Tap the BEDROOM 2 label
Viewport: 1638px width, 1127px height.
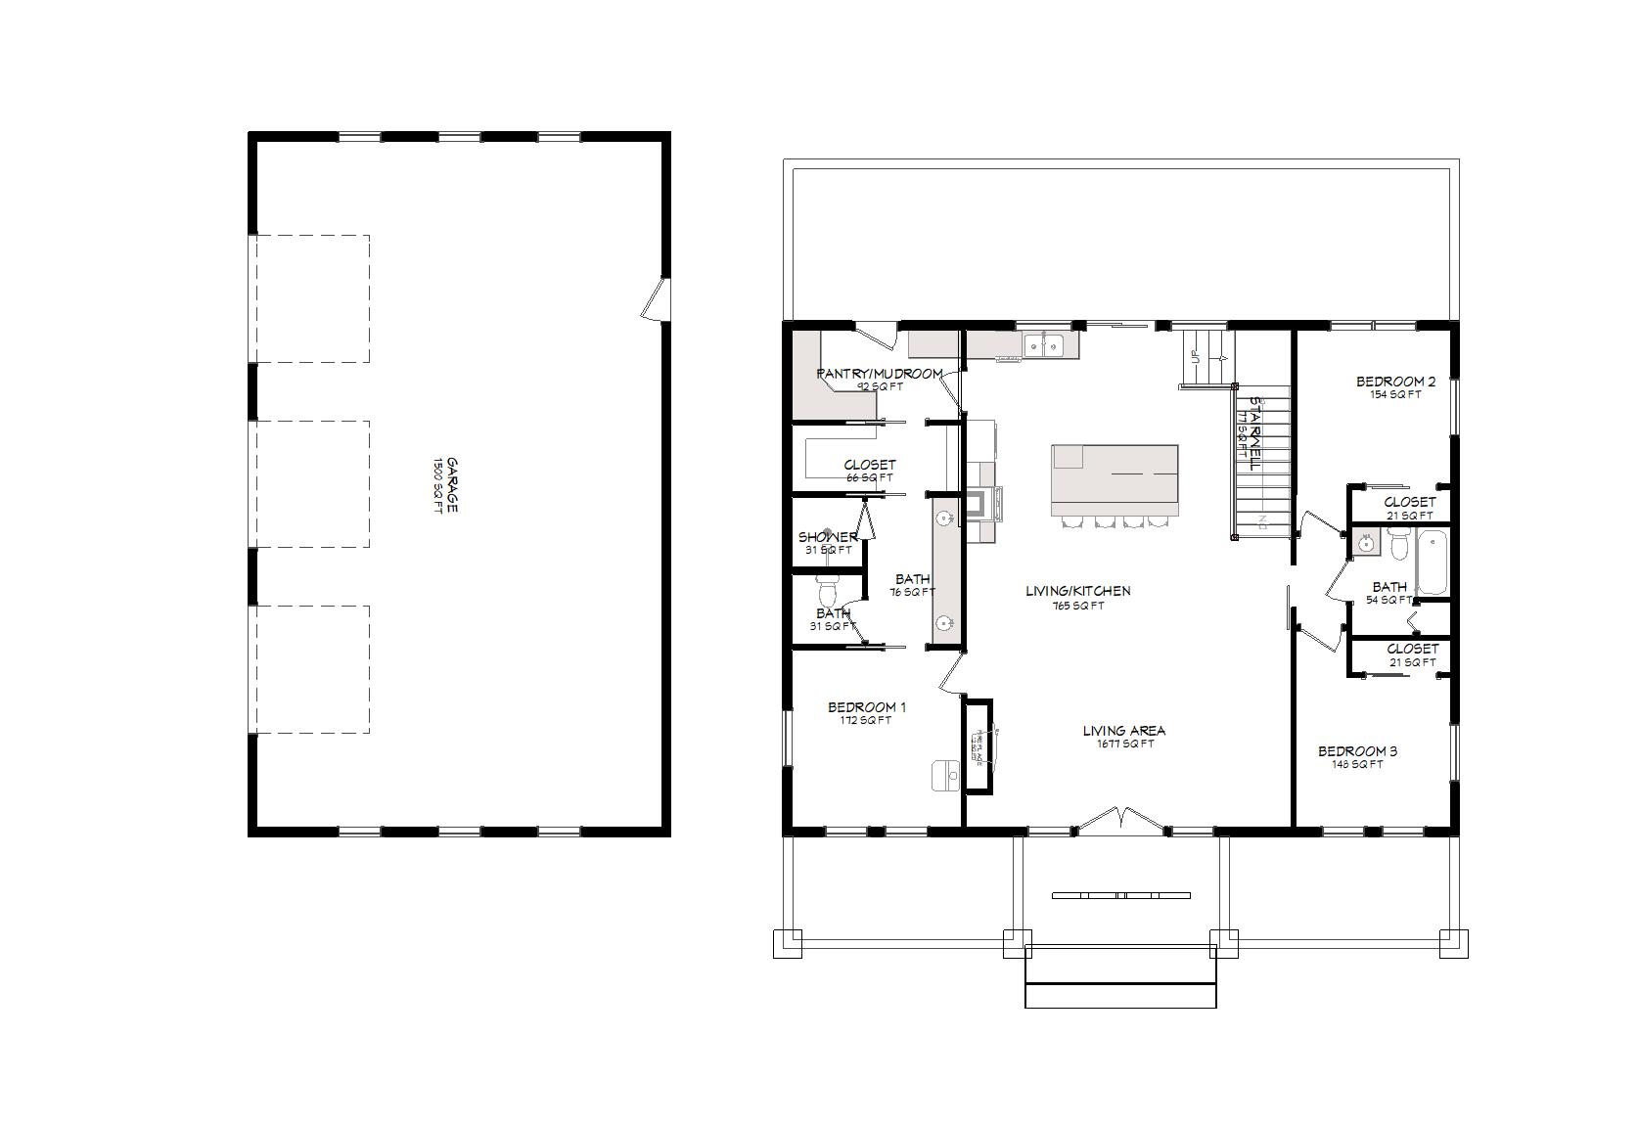click(1395, 382)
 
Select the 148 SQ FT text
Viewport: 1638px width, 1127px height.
click(1356, 765)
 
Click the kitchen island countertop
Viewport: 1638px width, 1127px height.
click(1115, 479)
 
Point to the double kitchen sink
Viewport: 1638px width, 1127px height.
click(1044, 344)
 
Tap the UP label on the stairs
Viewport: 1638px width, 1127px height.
click(1195, 355)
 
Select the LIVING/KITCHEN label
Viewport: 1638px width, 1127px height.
click(1077, 591)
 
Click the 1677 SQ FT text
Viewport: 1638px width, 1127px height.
click(1123, 744)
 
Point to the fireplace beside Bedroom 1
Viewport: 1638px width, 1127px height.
click(978, 747)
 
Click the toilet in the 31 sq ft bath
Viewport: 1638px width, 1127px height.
click(828, 591)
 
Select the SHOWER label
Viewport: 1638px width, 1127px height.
click(828, 537)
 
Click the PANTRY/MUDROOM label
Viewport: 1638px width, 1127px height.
click(879, 374)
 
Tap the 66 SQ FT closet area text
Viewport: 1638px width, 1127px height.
click(869, 478)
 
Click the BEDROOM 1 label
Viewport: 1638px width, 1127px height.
click(866, 707)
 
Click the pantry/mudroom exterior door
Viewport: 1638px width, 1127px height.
click(877, 335)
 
